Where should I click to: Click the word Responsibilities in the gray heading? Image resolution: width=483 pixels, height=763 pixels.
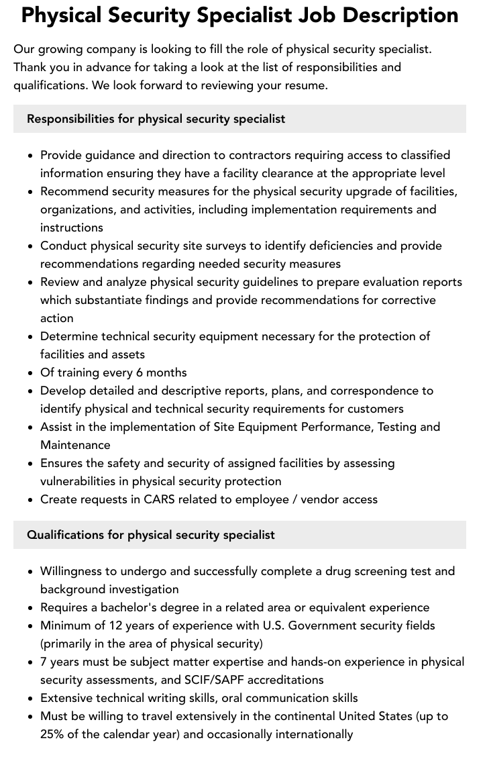pos(70,119)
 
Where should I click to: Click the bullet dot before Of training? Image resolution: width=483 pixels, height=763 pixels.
pos(30,373)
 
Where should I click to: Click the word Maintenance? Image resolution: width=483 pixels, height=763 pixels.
pos(75,445)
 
